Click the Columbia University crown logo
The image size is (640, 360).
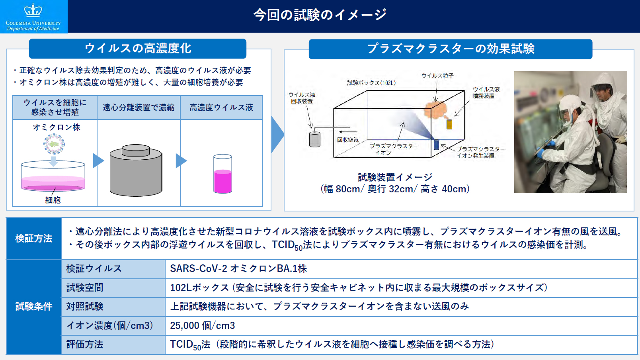click(33, 10)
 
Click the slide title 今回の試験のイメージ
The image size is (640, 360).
click(320, 15)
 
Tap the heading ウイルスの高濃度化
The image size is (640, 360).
click(138, 48)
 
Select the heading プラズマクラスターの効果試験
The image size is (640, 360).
click(451, 49)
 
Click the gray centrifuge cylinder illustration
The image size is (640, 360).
click(136, 171)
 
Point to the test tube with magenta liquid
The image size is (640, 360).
click(222, 174)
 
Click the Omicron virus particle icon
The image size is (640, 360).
click(54, 144)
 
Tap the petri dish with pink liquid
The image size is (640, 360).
click(53, 176)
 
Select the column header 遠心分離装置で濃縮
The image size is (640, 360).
click(139, 108)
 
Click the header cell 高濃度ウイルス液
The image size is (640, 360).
click(221, 108)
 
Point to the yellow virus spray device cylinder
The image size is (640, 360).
click(449, 124)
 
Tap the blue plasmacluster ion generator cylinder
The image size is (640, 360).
click(436, 145)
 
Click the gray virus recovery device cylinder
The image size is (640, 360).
click(314, 139)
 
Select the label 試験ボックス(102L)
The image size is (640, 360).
click(371, 83)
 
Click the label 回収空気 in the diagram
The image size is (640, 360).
click(347, 140)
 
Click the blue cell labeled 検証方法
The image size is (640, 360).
click(34, 238)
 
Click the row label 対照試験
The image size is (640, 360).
click(85, 306)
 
